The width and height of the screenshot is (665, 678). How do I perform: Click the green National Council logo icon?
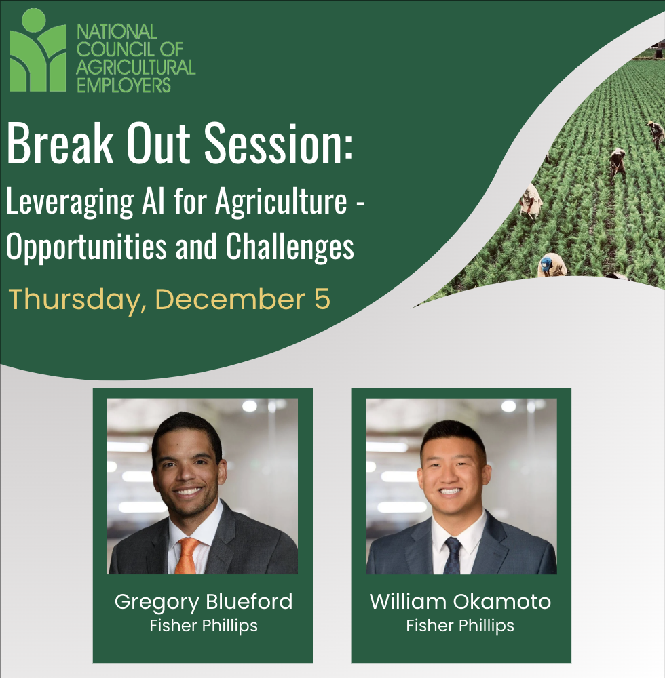[x=37, y=50]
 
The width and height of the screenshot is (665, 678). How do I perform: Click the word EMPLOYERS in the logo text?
[x=123, y=85]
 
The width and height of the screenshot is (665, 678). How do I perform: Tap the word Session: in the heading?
[x=278, y=144]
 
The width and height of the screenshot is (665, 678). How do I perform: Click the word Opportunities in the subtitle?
[x=86, y=247]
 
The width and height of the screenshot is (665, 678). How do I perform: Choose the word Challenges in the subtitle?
[x=290, y=247]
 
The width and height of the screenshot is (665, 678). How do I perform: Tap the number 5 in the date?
[x=322, y=299]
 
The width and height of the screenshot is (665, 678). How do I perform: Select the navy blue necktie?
[x=453, y=556]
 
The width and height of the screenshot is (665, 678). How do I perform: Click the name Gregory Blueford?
[x=204, y=602]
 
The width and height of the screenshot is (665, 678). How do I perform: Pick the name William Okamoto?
[x=460, y=601]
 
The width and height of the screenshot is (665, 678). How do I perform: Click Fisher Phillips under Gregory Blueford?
[x=204, y=626]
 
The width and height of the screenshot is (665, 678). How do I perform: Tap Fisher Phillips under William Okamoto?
[x=460, y=626]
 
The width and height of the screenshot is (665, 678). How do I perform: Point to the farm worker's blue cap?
[x=546, y=263]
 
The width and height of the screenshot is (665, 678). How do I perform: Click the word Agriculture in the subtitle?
[x=281, y=201]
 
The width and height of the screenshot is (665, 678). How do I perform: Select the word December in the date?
[x=230, y=299]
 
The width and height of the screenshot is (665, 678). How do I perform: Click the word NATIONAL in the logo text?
[x=117, y=32]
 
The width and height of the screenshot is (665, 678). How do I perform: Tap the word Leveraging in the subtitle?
[x=70, y=201]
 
